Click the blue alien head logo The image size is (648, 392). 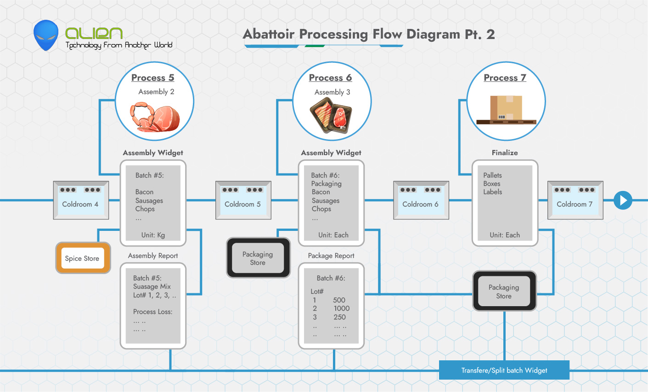pyautogui.click(x=46, y=35)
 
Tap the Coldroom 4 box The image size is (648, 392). pyautogui.click(x=81, y=200)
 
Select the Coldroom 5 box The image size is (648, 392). pyautogui.click(x=243, y=200)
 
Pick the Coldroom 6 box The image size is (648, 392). pyautogui.click(x=421, y=200)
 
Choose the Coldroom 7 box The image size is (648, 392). pyautogui.click(x=575, y=200)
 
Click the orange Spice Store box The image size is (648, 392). pyautogui.click(x=83, y=258)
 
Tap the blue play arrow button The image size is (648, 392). pyautogui.click(x=623, y=201)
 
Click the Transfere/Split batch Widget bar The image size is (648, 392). pyautogui.click(x=504, y=370)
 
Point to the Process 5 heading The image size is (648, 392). pyautogui.click(x=152, y=78)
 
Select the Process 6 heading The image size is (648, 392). pyautogui.click(x=330, y=78)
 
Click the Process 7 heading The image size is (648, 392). pyautogui.click(x=505, y=78)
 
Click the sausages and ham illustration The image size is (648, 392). pyautogui.click(x=155, y=118)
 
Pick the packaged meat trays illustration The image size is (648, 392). pyautogui.click(x=331, y=118)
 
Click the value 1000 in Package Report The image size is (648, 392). pyautogui.click(x=342, y=308)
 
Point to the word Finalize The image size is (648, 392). pyautogui.click(x=505, y=153)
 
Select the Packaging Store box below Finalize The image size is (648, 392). pyautogui.click(x=504, y=291)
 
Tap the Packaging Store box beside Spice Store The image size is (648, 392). pyautogui.click(x=258, y=258)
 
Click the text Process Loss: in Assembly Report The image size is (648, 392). pyautogui.click(x=152, y=312)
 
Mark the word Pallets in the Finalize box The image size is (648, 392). pyautogui.click(x=492, y=175)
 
